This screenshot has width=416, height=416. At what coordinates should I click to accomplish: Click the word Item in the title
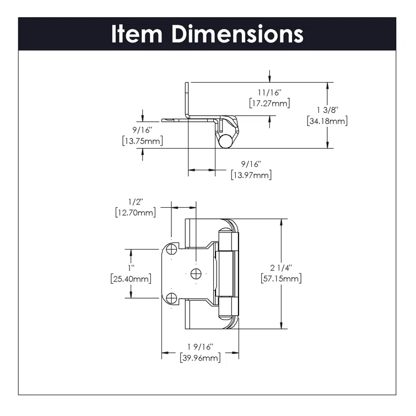(x=138, y=34)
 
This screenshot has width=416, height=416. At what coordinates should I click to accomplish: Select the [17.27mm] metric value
(x=268, y=103)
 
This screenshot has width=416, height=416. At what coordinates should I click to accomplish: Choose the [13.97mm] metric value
(x=251, y=175)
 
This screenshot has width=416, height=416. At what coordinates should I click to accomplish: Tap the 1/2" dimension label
(x=135, y=202)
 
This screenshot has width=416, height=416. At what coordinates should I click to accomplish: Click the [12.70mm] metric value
(x=135, y=212)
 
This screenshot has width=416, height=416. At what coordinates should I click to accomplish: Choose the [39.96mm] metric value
(x=201, y=358)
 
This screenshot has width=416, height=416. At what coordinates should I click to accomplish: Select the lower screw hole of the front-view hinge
(x=171, y=298)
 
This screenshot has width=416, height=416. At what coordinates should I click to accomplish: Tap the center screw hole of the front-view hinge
(x=195, y=273)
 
